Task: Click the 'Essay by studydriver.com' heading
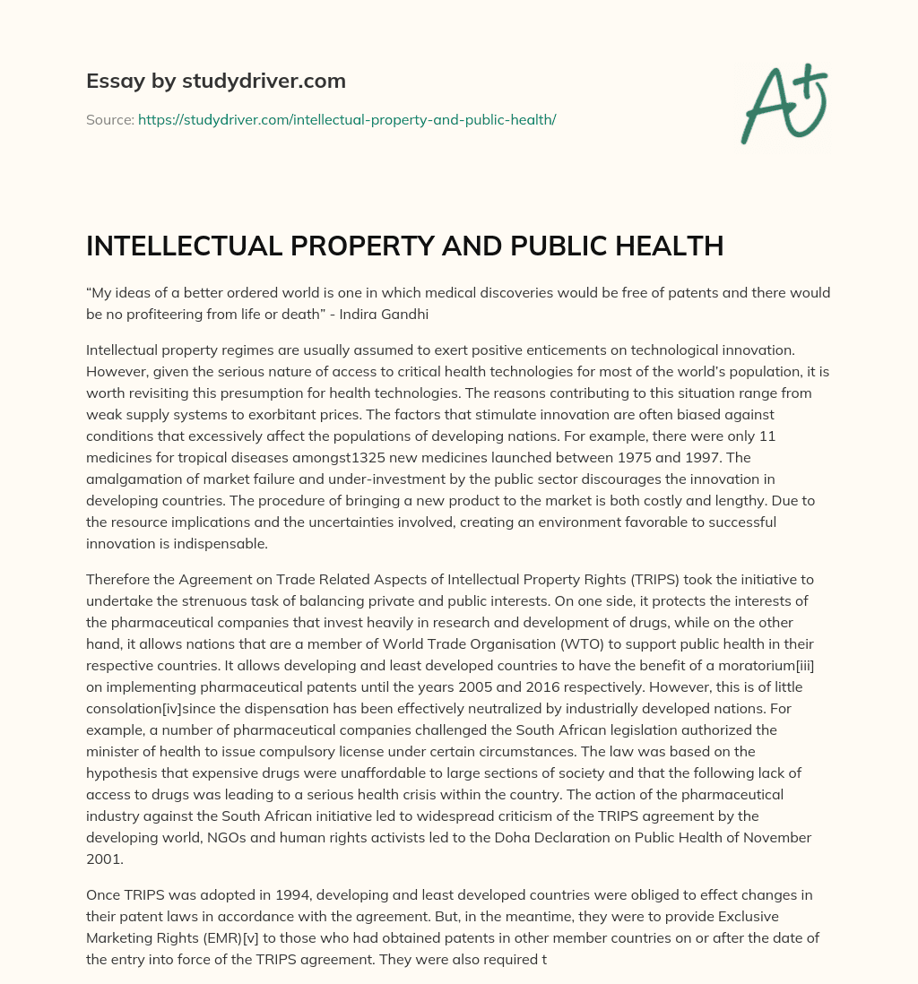[215, 82]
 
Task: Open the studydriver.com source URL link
[347, 119]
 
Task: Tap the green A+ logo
[783, 104]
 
